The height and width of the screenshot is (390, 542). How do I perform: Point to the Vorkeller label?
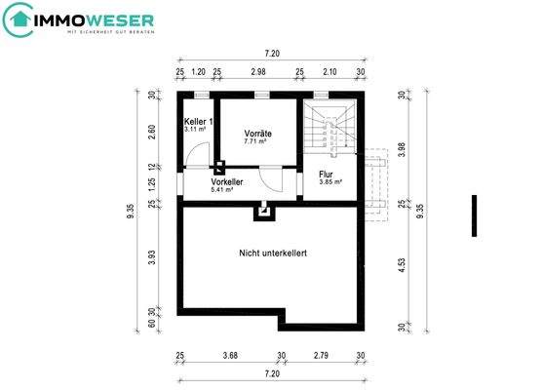click(227, 181)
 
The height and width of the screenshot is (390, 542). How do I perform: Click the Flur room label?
click(327, 175)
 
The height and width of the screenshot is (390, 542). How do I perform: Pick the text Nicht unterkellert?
click(273, 253)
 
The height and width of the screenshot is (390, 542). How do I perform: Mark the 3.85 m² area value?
click(331, 182)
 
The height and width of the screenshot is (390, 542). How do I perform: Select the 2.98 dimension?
click(257, 72)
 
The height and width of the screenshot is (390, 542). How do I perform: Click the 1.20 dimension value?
click(198, 72)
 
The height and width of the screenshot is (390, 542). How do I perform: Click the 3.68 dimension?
click(230, 354)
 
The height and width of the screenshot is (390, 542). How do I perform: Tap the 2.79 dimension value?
click(323, 354)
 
